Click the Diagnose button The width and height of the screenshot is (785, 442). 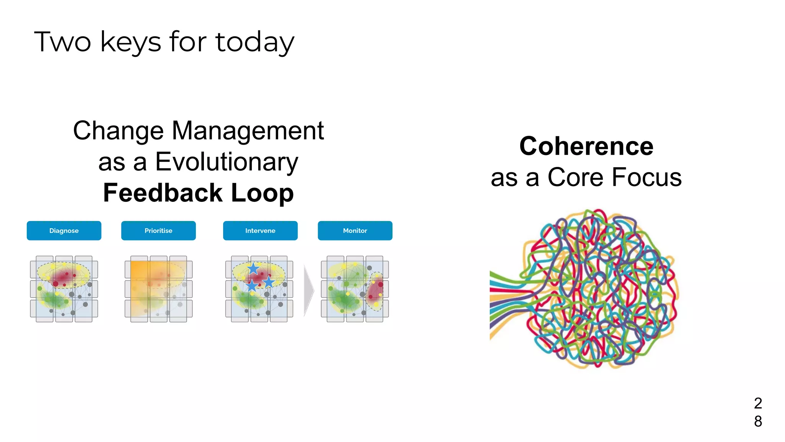pyautogui.click(x=64, y=231)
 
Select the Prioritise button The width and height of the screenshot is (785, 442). pyautogui.click(x=158, y=231)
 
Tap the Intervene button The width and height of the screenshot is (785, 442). pyautogui.click(x=260, y=231)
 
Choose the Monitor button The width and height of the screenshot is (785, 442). pyautogui.click(x=355, y=231)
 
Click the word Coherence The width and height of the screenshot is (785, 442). pyautogui.click(x=586, y=146)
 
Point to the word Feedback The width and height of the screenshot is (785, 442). pyautogui.click(x=163, y=193)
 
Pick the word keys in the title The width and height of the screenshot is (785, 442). pyautogui.click(x=130, y=42)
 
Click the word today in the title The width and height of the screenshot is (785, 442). pyautogui.click(x=255, y=42)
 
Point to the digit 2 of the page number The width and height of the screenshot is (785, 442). pyautogui.click(x=758, y=403)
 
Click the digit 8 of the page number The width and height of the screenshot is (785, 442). pyautogui.click(x=758, y=421)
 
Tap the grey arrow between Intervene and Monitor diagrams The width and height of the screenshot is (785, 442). pyautogui.click(x=309, y=290)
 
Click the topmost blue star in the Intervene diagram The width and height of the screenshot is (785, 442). pyautogui.click(x=253, y=268)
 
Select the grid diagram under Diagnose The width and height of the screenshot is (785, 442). pyautogui.click(x=64, y=289)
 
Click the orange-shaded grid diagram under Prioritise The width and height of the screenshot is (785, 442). pyautogui.click(x=158, y=289)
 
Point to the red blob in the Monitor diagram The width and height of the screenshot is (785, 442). pyautogui.click(x=375, y=291)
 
